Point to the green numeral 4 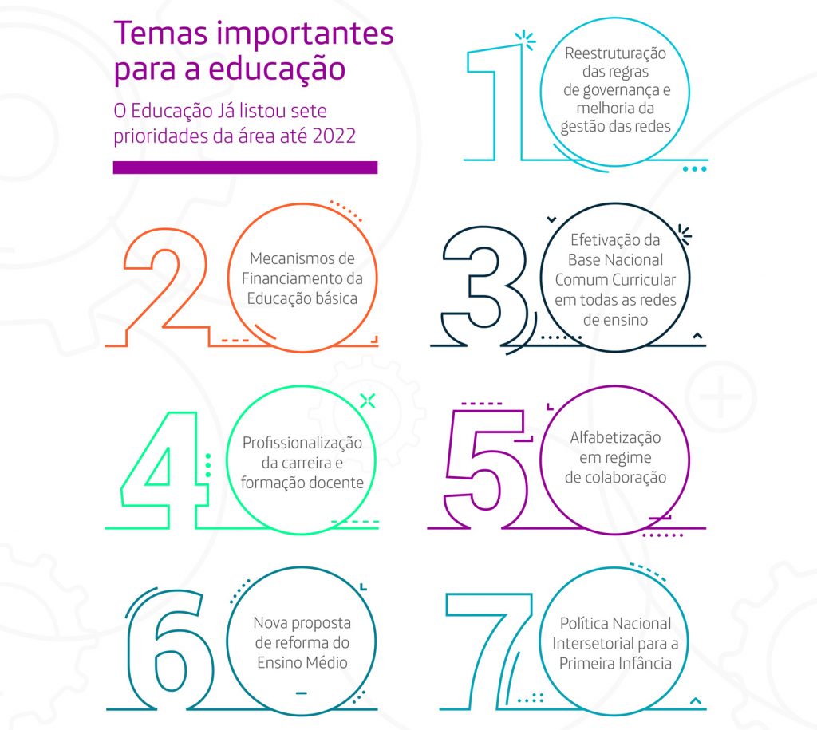pos(164,471)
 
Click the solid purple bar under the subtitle pos(245,168)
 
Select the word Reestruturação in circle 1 pos(615,54)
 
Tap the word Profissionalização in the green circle pos(302,443)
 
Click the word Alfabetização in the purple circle pos(615,437)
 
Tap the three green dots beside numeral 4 pos(208,466)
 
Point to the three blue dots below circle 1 pos(695,169)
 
